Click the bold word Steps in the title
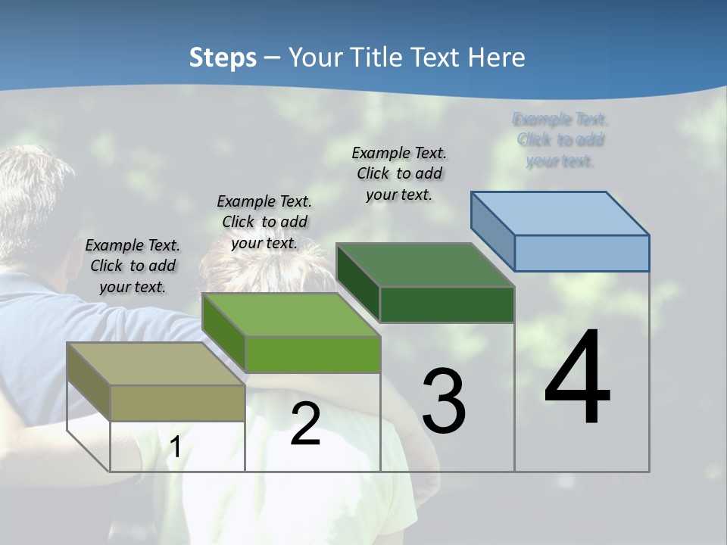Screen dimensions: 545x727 223,58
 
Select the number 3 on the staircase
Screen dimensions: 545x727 444,401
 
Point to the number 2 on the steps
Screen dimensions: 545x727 305,425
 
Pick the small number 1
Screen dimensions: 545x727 176,447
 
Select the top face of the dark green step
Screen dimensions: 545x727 424,265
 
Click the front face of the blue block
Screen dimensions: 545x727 582,253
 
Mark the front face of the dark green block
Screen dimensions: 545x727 447,304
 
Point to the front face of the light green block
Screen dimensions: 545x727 313,354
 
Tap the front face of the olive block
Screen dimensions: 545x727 177,403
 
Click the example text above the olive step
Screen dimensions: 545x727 133,266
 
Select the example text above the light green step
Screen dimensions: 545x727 264,222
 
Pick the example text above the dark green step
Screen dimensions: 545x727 399,173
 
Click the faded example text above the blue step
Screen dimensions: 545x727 560,140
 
